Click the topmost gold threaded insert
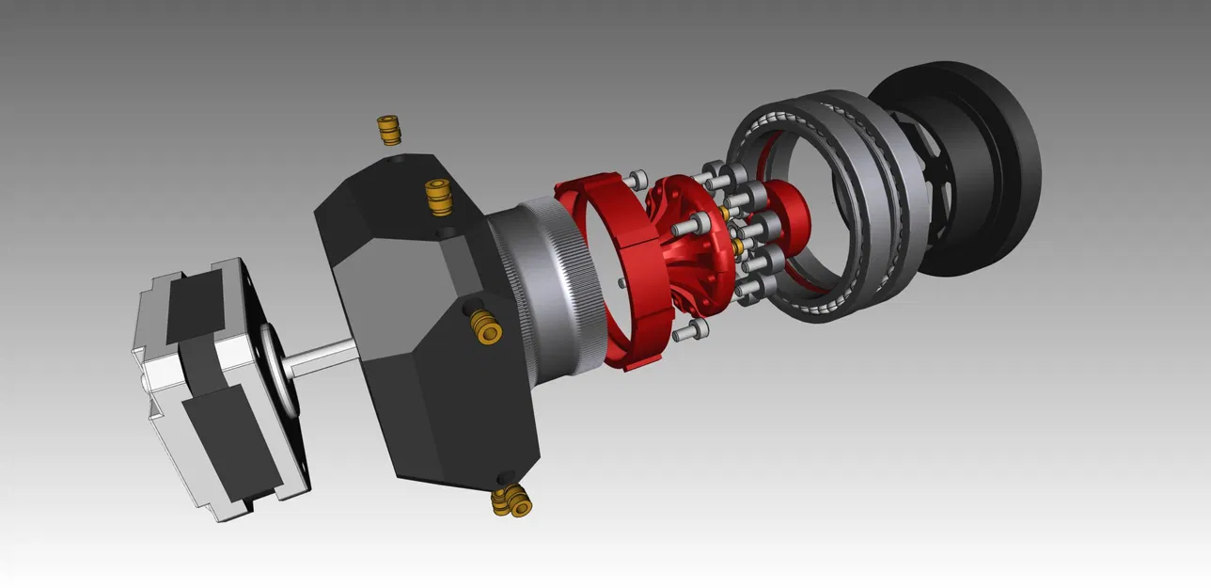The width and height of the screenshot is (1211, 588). point(388,130)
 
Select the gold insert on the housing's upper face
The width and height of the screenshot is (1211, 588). point(435,197)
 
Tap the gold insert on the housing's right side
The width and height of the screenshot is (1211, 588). point(486,326)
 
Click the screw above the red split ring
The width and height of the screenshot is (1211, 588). point(638,179)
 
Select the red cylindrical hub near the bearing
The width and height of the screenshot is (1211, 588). point(788,214)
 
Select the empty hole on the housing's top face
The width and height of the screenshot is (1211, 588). point(392,163)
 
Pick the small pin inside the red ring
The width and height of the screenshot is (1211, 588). point(621,281)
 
